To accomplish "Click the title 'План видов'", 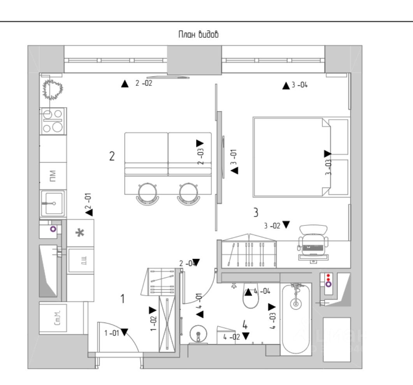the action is [198, 35].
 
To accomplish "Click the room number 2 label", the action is [112, 156].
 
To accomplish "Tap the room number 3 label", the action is [256, 213].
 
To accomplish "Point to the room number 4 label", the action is [245, 324].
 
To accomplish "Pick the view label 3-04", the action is [299, 85].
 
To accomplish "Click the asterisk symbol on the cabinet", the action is [80, 233].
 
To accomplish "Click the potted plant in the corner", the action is [53, 90].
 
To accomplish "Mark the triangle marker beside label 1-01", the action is [124, 332].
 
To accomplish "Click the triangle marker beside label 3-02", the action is [286, 224].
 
